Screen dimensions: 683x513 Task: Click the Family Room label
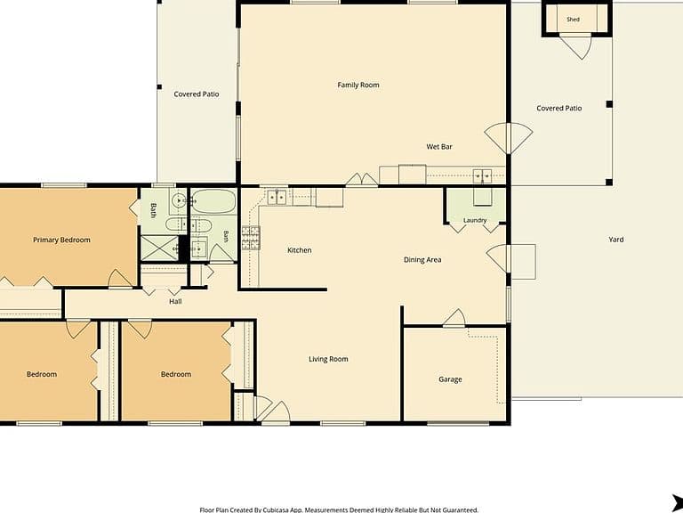point(358,85)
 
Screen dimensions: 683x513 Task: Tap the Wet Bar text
point(439,147)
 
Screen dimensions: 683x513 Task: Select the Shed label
point(573,20)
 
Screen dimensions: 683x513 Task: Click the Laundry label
point(475,220)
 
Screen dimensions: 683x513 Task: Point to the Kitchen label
point(299,250)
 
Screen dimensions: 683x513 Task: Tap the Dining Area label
point(422,260)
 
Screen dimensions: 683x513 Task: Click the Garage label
point(450,379)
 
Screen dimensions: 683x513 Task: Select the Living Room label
point(328,359)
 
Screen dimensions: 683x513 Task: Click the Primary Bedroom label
point(61,240)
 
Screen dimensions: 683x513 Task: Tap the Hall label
point(175,301)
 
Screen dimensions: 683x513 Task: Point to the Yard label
point(615,240)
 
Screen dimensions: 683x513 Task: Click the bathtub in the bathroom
point(213,201)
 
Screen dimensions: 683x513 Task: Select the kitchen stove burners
point(251,238)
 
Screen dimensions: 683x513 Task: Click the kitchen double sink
point(277,197)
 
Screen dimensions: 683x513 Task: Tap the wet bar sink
point(482,176)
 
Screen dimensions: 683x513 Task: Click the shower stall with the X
point(159,248)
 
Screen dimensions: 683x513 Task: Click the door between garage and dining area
point(454,318)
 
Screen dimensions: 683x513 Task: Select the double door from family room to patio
point(509,139)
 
